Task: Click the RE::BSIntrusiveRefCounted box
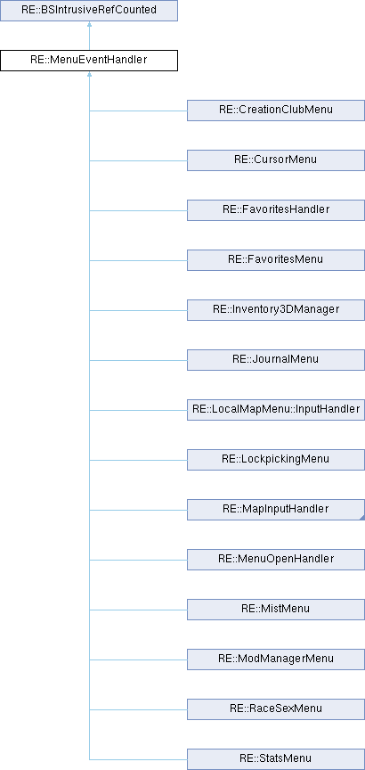click(89, 11)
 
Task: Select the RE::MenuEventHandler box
click(89, 61)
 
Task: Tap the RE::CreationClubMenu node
click(276, 111)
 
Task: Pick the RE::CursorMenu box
click(276, 160)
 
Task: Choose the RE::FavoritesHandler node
click(276, 210)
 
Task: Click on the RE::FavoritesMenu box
click(276, 260)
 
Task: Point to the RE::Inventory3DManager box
click(276, 310)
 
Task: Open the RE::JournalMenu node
click(276, 360)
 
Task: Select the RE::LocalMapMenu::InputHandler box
click(276, 410)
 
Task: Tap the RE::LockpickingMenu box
click(276, 460)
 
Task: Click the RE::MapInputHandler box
click(276, 510)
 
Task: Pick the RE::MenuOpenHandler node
click(276, 560)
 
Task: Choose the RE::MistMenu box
click(276, 610)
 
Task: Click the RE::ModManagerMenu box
click(276, 659)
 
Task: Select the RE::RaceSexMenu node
click(276, 709)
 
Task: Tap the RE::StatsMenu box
click(276, 759)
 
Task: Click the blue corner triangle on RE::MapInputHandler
click(362, 518)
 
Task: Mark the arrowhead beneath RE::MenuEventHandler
click(89, 75)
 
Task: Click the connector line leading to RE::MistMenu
click(138, 610)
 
